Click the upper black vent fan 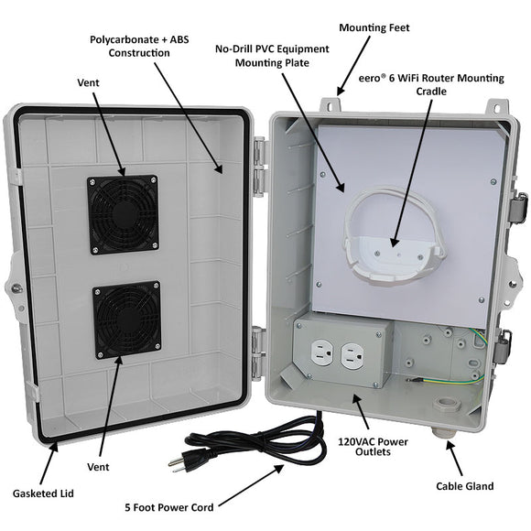pyautogui.click(x=124, y=214)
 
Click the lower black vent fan pyautogui.click(x=126, y=320)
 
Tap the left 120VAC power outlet pyautogui.click(x=321, y=353)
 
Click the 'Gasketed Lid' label pyautogui.click(x=43, y=493)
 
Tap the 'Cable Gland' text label pyautogui.click(x=466, y=486)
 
